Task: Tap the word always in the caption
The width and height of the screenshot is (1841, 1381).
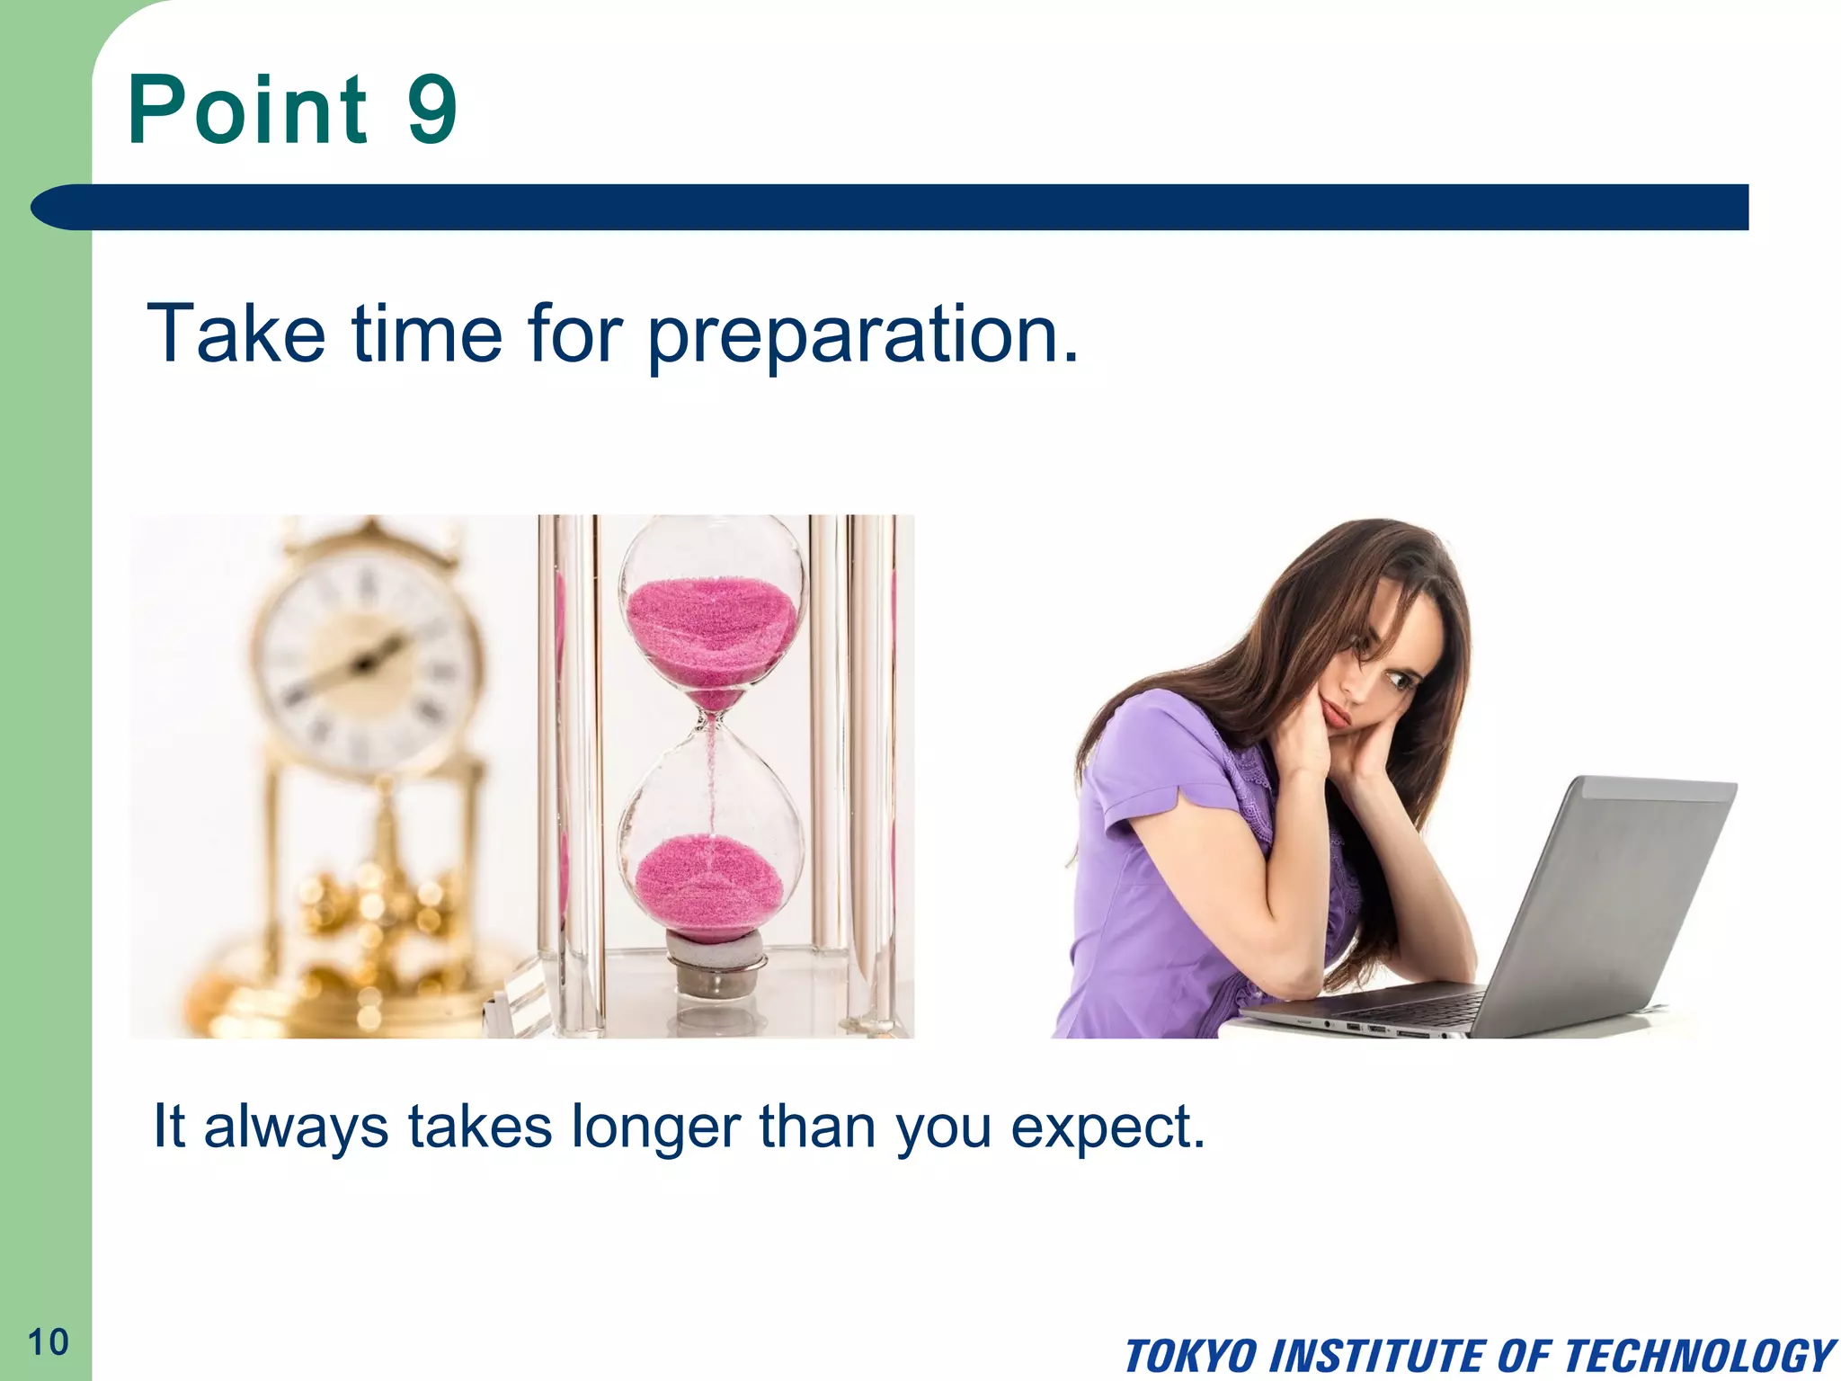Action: tap(297, 1128)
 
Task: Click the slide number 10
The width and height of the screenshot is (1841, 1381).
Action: tap(49, 1342)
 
